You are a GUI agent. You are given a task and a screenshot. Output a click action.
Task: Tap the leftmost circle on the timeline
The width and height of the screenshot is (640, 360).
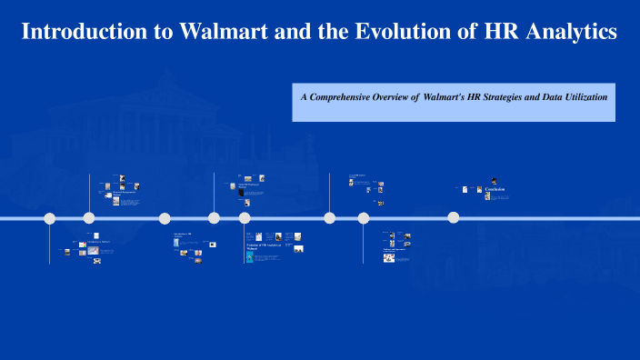pos(50,218)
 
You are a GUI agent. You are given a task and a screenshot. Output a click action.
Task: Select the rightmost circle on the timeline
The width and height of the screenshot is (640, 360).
pos(454,217)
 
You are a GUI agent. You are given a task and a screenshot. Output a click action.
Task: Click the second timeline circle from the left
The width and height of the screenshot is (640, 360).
pos(89,218)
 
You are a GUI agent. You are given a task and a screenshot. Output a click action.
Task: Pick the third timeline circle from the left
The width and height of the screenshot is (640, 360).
pos(165,218)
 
